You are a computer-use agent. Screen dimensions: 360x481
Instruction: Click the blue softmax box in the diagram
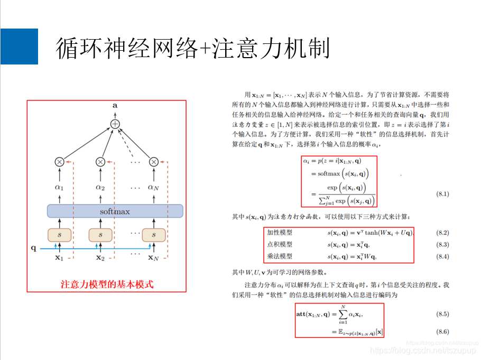[x=115, y=211]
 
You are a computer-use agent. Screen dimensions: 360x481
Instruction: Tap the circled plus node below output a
[x=115, y=124]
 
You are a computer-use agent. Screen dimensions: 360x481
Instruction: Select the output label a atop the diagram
[x=115, y=106]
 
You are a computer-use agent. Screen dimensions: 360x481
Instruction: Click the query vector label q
[x=34, y=247]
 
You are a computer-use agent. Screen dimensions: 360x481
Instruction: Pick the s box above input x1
[x=59, y=234]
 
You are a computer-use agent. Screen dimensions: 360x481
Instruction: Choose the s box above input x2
[x=100, y=234]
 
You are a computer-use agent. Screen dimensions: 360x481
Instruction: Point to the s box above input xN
[x=154, y=234]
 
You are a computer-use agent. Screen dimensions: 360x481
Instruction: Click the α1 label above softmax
[x=59, y=187]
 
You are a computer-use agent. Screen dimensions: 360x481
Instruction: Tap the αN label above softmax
[x=153, y=187]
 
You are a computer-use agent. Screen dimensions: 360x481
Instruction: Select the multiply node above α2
[x=100, y=162]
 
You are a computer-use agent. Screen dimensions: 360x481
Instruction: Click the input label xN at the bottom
[x=153, y=258]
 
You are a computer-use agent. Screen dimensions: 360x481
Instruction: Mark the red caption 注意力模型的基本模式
[x=107, y=284]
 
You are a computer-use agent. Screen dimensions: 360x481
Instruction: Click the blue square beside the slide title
[x=19, y=47]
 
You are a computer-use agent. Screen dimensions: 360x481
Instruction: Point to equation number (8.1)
[x=442, y=194]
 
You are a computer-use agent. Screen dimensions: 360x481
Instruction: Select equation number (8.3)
[x=442, y=244]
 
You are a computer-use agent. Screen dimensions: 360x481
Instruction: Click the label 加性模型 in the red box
[x=280, y=233]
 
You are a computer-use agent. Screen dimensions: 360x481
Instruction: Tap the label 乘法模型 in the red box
[x=280, y=256]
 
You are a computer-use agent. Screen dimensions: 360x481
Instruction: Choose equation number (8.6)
[x=442, y=331]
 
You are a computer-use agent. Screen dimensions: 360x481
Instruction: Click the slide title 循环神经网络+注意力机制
[x=192, y=49]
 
